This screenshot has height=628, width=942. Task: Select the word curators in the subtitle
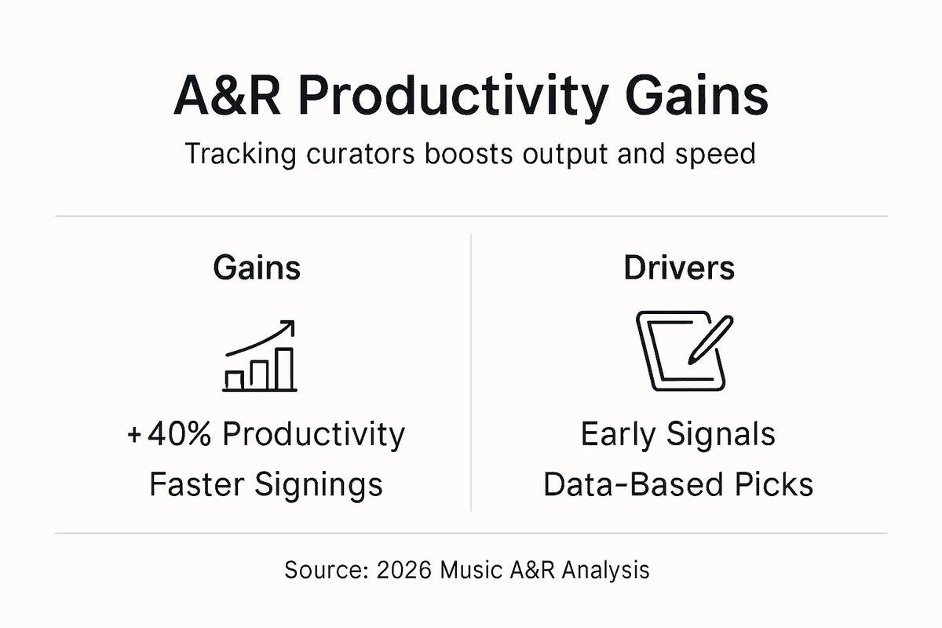(x=353, y=153)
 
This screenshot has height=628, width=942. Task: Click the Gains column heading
(x=257, y=268)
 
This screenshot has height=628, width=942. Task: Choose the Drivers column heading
(x=679, y=268)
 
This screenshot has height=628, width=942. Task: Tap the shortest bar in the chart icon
(x=234, y=379)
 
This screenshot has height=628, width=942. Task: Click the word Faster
(x=197, y=484)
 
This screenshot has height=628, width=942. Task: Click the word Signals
(x=721, y=434)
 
